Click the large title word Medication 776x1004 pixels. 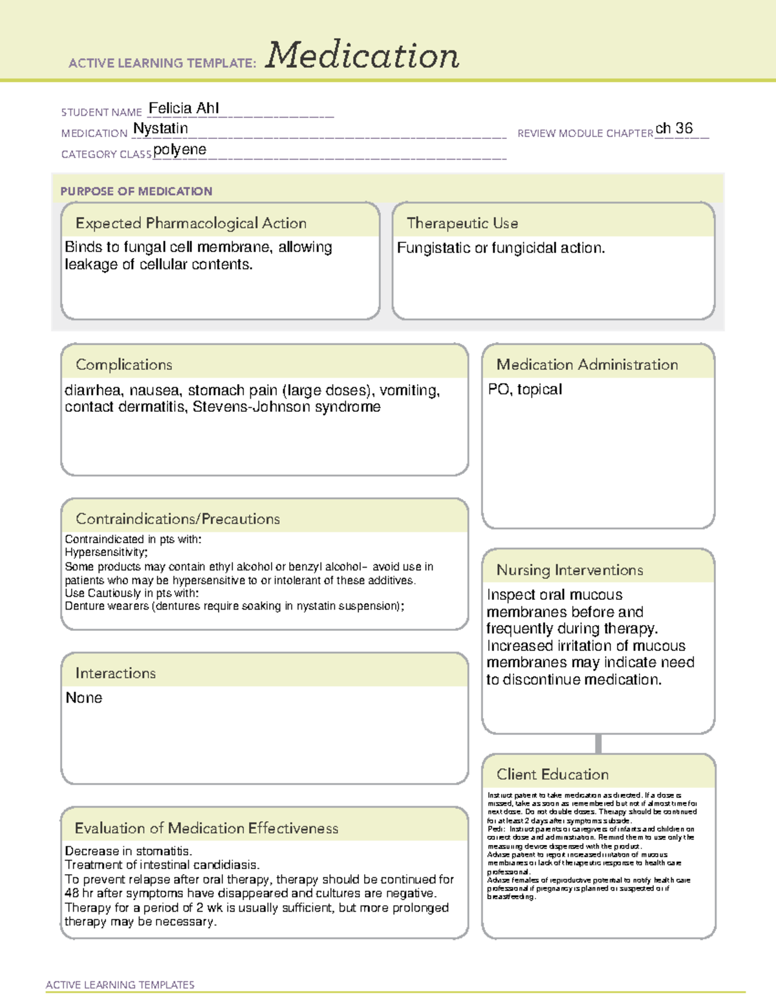tap(361, 56)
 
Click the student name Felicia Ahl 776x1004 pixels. tap(184, 108)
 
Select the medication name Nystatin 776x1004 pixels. tap(160, 129)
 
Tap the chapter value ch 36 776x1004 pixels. tap(674, 129)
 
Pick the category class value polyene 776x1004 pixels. tap(180, 150)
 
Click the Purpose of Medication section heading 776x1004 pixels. tap(136, 191)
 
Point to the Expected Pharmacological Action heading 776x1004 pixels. tap(191, 223)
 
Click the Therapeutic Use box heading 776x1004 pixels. tap(462, 223)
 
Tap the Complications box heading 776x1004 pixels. tap(124, 365)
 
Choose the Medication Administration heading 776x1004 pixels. tap(587, 365)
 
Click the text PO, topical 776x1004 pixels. tap(524, 389)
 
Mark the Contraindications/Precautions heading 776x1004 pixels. tap(177, 519)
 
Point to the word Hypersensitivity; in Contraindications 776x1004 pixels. tap(106, 552)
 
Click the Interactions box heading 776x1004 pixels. tap(115, 674)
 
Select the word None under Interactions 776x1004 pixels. tap(84, 698)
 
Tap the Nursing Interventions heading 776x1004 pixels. tap(569, 570)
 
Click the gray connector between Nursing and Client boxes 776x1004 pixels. tap(598, 743)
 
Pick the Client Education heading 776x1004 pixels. tap(552, 774)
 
